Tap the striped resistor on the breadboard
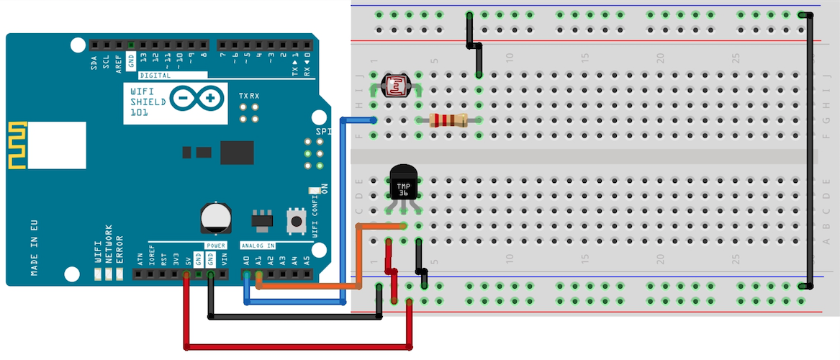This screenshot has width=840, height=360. (x=448, y=120)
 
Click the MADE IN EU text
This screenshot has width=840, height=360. (x=35, y=246)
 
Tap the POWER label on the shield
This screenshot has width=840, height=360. (x=216, y=246)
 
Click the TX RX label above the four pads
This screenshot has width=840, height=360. (x=249, y=96)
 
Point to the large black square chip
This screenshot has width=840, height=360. (x=238, y=153)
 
